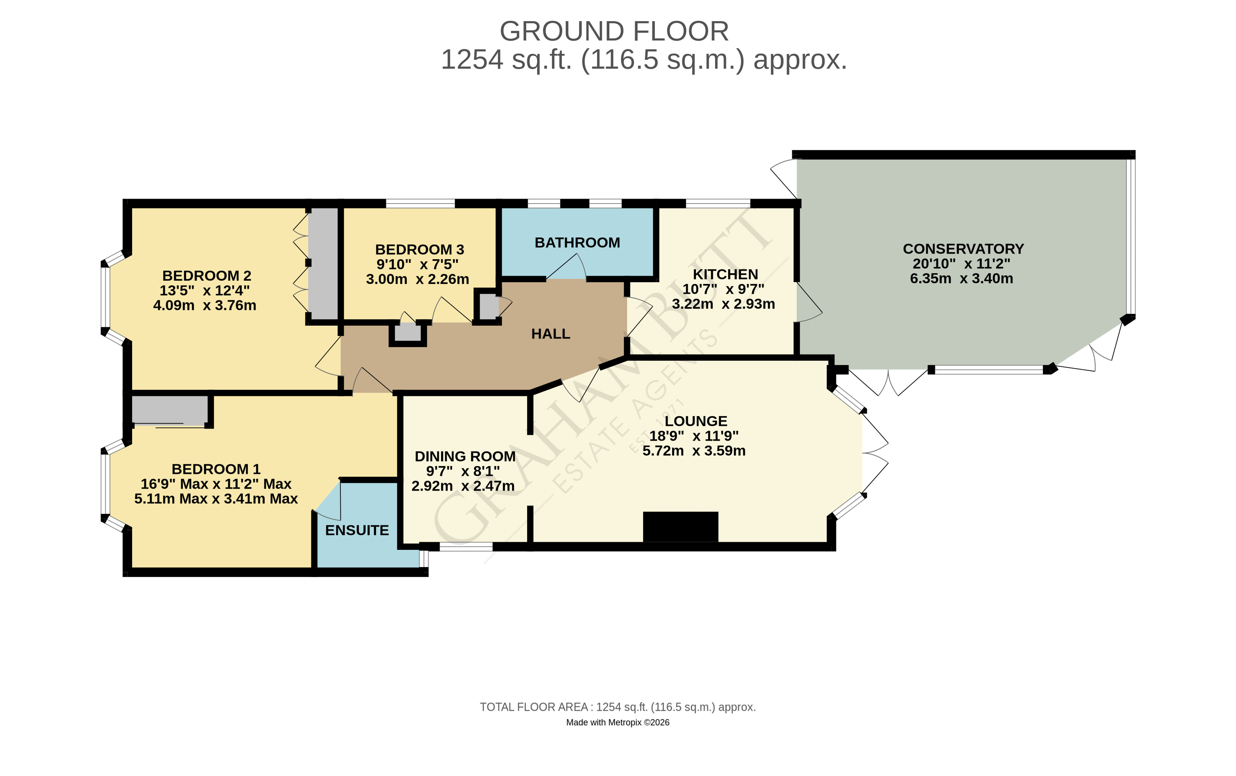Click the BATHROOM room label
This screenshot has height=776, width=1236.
[577, 243]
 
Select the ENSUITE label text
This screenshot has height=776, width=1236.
[357, 530]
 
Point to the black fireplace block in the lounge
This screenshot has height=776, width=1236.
[681, 526]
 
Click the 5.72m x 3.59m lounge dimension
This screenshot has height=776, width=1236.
[694, 451]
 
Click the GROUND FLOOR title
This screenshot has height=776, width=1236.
[614, 31]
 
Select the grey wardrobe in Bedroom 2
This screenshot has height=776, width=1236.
[323, 263]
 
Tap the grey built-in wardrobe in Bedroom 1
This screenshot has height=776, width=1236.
[170, 410]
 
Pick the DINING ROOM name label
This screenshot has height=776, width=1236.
[465, 457]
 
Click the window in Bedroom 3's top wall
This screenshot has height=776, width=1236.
[420, 204]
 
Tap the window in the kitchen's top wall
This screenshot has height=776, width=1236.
[718, 204]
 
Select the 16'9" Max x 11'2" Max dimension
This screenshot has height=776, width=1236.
[216, 484]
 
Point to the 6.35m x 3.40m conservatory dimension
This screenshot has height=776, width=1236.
[961, 279]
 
